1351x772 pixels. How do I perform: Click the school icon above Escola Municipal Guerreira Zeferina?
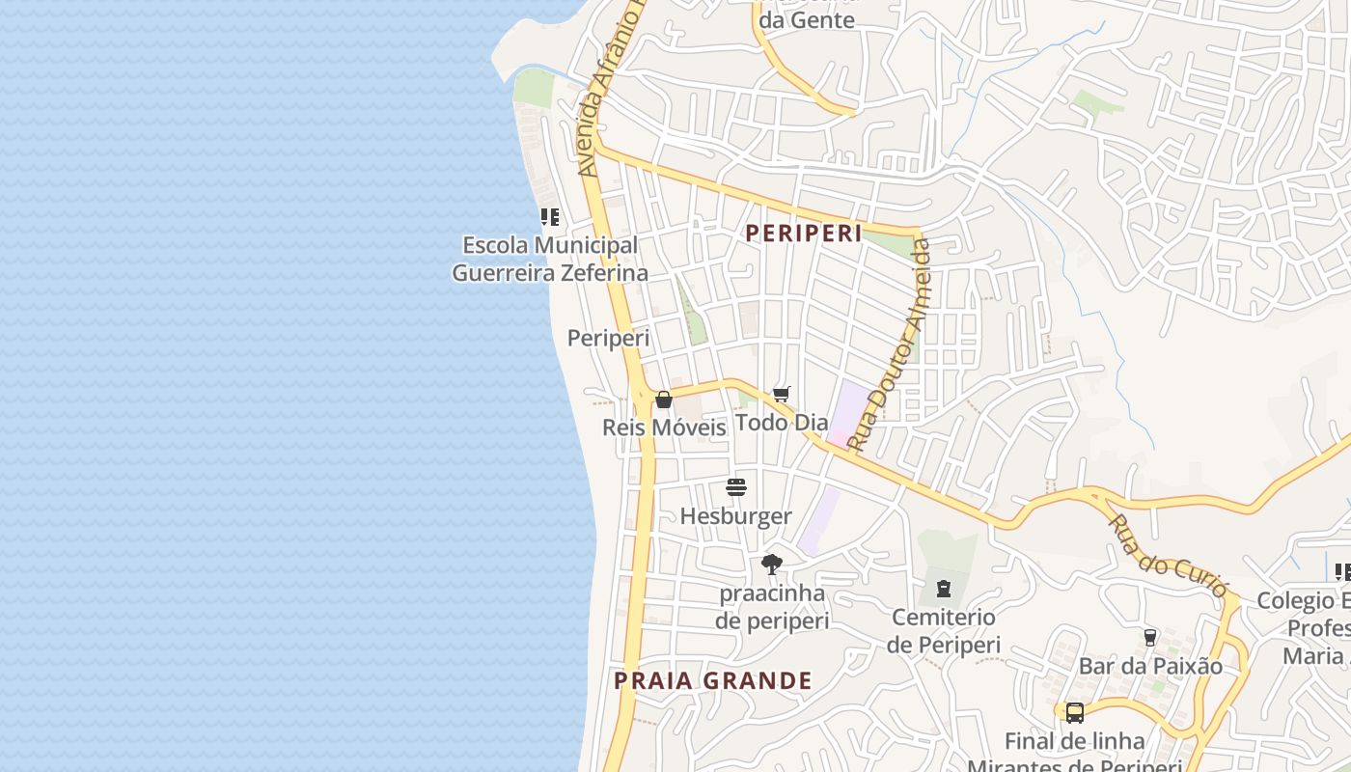tap(549, 217)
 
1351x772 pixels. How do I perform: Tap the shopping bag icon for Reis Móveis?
tap(664, 400)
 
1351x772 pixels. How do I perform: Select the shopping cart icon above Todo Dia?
tap(782, 394)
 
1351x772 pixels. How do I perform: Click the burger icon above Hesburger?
tap(736, 487)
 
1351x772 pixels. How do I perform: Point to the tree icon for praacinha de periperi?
tap(771, 565)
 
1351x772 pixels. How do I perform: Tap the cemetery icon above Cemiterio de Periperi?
tap(944, 588)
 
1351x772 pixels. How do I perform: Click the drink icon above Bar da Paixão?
tap(1150, 638)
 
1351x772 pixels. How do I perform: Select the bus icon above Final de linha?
tap(1075, 713)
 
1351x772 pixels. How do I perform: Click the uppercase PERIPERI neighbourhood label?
tap(804, 234)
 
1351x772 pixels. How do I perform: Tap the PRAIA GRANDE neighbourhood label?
tap(713, 680)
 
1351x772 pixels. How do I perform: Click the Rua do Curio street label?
tap(1168, 555)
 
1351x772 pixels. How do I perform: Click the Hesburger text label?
tap(735, 516)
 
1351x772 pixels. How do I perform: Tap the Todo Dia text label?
tap(782, 423)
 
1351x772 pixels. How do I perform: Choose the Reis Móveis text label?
tap(664, 427)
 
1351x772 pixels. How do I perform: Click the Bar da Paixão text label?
tap(1150, 666)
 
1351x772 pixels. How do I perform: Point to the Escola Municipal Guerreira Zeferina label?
tap(550, 260)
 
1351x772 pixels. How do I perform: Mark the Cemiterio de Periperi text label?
tap(944, 631)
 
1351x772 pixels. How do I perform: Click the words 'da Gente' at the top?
tap(807, 19)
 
